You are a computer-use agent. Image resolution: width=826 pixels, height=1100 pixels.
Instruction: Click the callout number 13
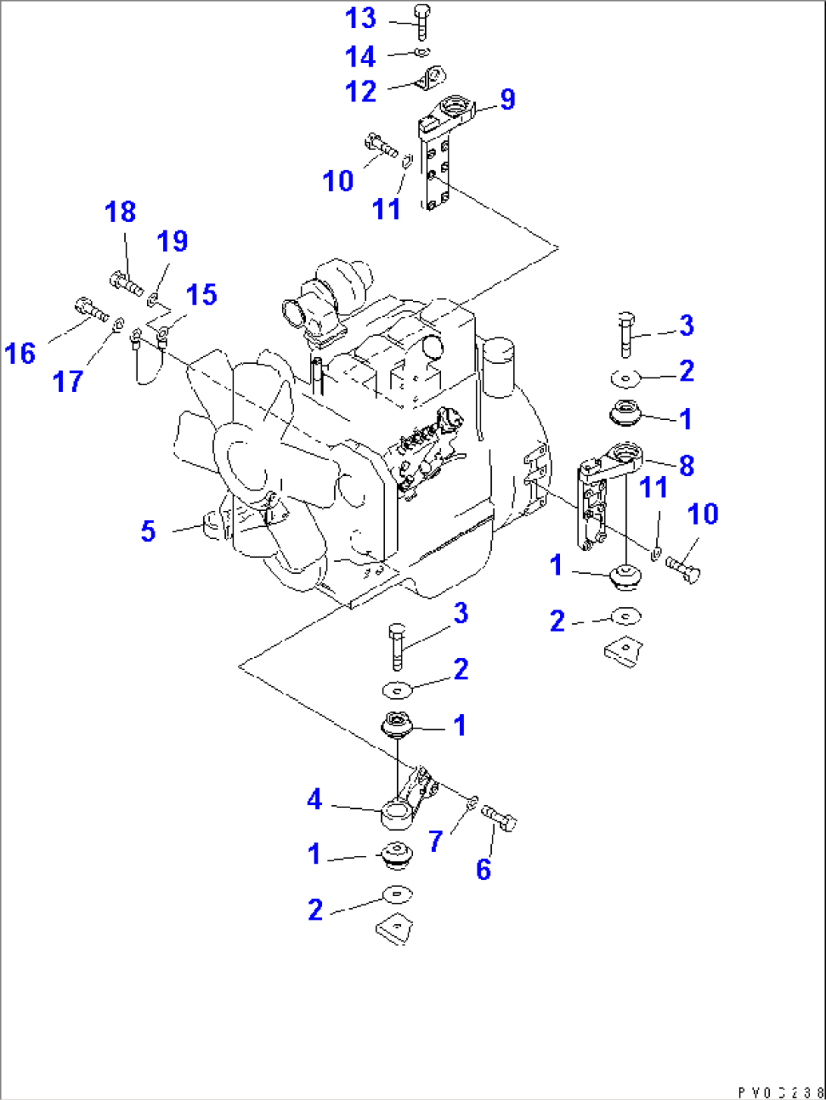click(361, 18)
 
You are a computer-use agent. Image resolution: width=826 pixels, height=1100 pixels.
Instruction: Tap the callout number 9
click(507, 99)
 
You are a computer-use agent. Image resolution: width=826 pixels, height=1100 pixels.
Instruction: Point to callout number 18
click(120, 212)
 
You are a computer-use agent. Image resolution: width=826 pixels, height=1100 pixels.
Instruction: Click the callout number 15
click(202, 295)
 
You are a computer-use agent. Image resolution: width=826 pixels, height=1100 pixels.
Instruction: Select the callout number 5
click(149, 531)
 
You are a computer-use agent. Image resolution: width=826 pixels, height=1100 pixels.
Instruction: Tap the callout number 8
click(687, 465)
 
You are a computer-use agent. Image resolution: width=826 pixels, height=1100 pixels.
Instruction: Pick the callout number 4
click(314, 799)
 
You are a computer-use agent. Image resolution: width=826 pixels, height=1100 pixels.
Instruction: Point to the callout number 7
click(435, 841)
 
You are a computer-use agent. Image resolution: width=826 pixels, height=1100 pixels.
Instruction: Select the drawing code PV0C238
click(779, 1092)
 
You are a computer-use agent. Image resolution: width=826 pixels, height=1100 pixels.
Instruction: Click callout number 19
click(172, 242)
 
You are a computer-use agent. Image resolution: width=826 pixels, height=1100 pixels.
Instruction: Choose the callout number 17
click(67, 382)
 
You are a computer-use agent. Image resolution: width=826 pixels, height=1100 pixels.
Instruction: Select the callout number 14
click(360, 57)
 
